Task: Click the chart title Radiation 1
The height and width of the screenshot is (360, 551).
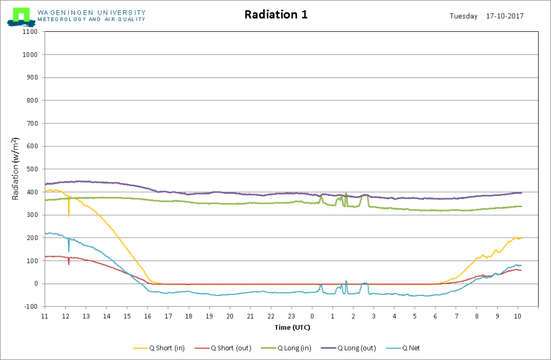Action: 276,15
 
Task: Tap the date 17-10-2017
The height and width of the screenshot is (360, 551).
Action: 505,16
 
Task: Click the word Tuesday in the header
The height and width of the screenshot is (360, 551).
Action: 463,16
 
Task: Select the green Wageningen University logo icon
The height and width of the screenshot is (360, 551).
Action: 21,17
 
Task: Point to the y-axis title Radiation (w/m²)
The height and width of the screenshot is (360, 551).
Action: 15,169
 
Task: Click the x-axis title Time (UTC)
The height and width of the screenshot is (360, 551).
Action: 292,327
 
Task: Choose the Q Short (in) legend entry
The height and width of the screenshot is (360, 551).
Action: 159,348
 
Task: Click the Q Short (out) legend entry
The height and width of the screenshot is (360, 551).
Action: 223,348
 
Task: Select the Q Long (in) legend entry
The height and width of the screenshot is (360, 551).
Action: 286,348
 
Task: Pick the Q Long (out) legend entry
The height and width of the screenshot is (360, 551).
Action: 349,348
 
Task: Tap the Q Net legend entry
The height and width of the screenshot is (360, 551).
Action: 403,348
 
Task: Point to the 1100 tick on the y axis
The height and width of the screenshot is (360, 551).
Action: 30,32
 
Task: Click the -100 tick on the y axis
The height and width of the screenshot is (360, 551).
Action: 31,307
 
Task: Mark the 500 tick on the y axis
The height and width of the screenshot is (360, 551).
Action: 32,169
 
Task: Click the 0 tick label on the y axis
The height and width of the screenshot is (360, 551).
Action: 36,284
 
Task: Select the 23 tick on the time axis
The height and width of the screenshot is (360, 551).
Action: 291,316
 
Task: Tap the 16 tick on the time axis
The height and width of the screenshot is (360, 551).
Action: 147,316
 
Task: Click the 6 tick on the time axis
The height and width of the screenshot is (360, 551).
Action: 435,316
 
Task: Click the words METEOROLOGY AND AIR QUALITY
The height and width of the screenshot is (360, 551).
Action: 91,19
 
